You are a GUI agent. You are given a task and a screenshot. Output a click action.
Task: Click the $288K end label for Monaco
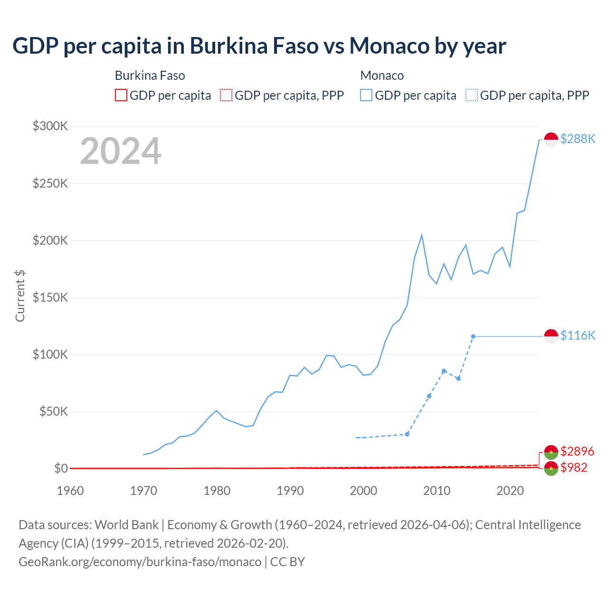pos(578,139)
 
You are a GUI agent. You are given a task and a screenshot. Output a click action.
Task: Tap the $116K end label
pos(578,335)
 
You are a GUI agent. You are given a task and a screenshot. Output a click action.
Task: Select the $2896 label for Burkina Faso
pos(577,451)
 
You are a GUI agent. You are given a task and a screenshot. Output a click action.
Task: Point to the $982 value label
pos(574,467)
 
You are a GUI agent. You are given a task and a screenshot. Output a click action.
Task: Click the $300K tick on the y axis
pos(50,126)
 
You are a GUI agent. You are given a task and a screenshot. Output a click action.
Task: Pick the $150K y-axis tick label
pos(50,297)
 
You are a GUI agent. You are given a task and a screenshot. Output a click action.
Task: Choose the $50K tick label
pos(53,411)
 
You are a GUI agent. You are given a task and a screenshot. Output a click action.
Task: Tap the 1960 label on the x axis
pos(70,491)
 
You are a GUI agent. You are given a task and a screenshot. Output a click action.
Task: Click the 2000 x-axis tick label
pos(363,491)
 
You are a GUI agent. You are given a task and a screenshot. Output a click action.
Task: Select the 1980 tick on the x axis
pos(217,491)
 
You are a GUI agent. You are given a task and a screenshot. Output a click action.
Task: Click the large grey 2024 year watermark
pos(121,151)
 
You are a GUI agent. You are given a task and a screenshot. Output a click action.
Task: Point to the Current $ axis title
pos(20,295)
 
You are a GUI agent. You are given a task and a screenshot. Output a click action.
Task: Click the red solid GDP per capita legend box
pos(121,95)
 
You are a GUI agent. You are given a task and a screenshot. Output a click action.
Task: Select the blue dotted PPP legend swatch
pos(472,95)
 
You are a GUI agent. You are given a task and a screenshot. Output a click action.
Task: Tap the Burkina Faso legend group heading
pos(150,76)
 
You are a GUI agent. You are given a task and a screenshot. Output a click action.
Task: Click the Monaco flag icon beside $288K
pos(551,140)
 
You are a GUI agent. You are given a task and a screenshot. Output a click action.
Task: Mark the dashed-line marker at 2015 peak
pos(473,336)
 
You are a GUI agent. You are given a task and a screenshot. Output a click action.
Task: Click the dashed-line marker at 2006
pos(407,434)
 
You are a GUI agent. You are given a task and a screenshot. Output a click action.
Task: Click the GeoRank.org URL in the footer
pos(140,561)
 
